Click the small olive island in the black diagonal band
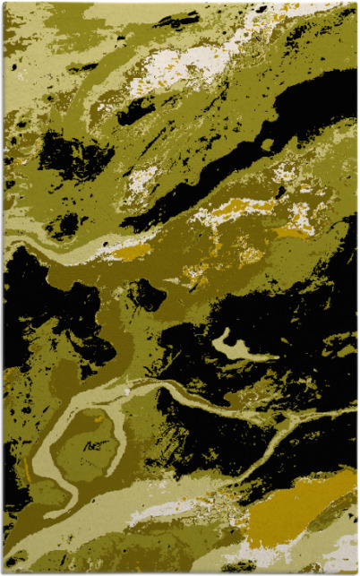tap(267, 143)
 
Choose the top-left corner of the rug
tap(4, 3)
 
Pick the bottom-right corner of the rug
tap(356, 572)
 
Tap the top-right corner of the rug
tap(356, 3)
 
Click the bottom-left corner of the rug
tap(4, 572)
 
